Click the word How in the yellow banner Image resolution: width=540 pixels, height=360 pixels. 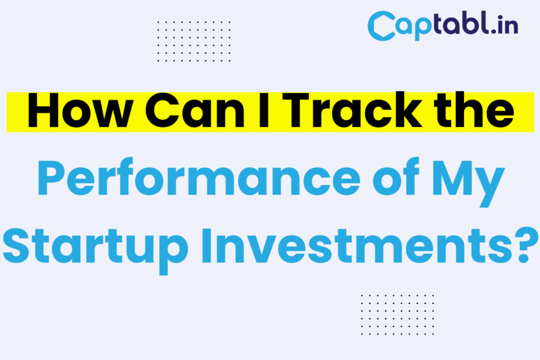coord(80,110)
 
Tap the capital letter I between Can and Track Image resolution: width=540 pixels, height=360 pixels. coord(264,111)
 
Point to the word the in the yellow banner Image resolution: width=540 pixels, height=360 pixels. coord(474,110)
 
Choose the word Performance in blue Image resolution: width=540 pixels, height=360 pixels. coord(199,178)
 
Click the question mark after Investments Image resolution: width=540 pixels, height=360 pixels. coord(526,245)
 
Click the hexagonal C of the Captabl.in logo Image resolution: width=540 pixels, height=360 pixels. coord(381,26)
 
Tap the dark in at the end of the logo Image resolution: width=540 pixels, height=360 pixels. coord(508,24)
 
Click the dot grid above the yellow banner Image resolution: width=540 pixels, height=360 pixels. coord(194,41)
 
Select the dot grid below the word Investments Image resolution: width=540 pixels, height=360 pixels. coord(397,315)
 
